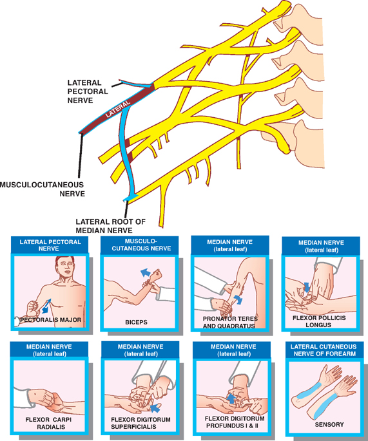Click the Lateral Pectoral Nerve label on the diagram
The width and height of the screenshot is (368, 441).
(87, 91)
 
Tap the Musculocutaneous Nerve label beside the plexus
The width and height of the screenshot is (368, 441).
(43, 189)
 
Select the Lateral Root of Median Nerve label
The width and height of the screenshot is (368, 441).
(111, 226)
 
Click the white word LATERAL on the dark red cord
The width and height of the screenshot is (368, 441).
(118, 109)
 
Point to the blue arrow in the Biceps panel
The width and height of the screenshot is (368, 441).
(145, 272)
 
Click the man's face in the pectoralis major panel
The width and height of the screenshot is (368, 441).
(66, 267)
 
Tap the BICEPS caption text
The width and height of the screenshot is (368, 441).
(136, 323)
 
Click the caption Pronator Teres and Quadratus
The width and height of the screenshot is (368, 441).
(230, 323)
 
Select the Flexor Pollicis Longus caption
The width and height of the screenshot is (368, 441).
(319, 321)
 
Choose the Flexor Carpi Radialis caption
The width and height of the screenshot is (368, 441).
(49, 423)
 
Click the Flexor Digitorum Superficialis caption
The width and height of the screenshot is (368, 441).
(140, 423)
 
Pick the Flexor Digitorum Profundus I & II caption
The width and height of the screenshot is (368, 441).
(235, 422)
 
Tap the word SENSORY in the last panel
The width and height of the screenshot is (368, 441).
(329, 424)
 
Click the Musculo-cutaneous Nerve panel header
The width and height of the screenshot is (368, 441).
(141, 245)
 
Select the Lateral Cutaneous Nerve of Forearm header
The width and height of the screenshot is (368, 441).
(324, 350)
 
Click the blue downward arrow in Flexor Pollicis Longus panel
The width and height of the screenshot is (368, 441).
(307, 287)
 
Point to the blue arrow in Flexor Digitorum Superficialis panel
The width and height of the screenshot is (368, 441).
(155, 408)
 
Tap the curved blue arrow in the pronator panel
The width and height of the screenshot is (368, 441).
(238, 299)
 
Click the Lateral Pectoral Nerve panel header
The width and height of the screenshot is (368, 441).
(50, 245)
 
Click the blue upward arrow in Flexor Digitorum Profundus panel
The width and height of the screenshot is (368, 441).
(231, 399)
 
